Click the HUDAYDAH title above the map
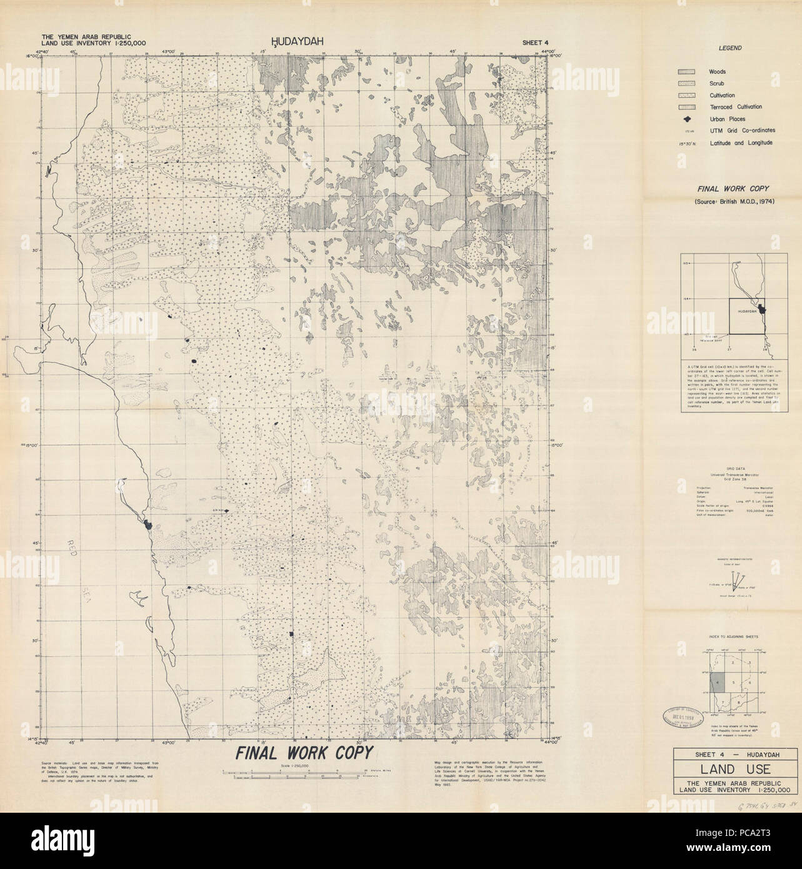click(x=294, y=42)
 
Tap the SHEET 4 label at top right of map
click(x=537, y=43)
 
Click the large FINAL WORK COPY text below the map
click(x=304, y=753)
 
